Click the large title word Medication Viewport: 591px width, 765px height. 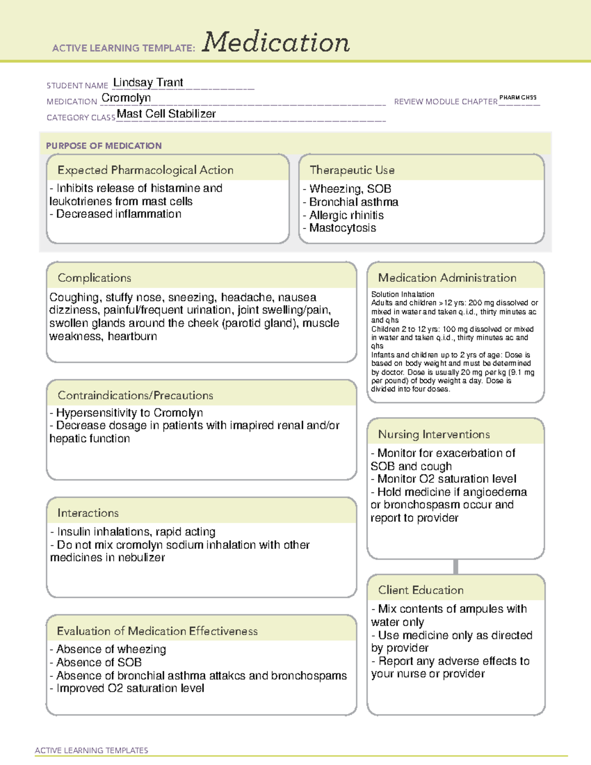tap(276, 42)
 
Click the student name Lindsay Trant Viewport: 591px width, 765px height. tap(148, 82)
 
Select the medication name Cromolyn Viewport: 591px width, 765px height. tap(126, 98)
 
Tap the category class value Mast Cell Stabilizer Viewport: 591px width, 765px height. tap(166, 114)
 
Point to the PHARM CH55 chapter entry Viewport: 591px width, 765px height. tap(518, 98)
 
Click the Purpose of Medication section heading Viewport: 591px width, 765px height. tap(103, 146)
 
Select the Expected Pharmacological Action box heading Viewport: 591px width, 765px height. tap(145, 170)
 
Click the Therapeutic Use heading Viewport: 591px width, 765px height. tap(352, 170)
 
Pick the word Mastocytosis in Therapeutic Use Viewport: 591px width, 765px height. tap(342, 228)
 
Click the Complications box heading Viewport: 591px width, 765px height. tap(94, 278)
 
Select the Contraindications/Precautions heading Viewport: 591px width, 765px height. tap(135, 395)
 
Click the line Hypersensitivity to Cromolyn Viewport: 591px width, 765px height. tap(129, 413)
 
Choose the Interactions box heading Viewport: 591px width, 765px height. tap(88, 513)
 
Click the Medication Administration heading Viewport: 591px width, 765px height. tap(447, 278)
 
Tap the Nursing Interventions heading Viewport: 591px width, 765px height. tap(433, 434)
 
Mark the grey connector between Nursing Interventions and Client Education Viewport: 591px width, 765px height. tap(456, 566)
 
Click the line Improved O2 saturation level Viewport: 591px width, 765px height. tap(130, 688)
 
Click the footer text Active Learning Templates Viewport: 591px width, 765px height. tap(91, 750)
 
